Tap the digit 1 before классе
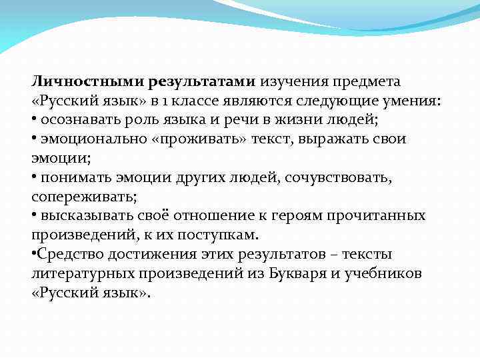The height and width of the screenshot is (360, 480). [x=180, y=101]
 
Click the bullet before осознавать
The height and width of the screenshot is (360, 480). [x=34, y=120]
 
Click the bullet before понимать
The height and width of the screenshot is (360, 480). [x=34, y=178]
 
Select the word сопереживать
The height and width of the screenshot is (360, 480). [x=83, y=197]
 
